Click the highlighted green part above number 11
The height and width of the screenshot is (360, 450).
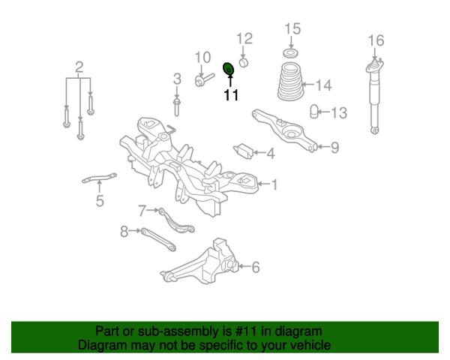(229, 68)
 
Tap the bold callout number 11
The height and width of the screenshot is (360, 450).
(231, 95)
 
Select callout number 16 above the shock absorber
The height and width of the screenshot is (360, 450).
(376, 40)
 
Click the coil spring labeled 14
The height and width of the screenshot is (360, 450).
(290, 81)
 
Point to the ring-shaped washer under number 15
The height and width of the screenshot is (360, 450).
(291, 53)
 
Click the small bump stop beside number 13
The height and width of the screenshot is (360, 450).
(314, 112)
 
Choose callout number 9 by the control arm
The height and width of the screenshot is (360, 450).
(334, 147)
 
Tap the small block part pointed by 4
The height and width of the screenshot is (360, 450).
(243, 151)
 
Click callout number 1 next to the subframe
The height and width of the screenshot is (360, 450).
(274, 184)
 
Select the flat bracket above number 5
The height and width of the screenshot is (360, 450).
(99, 178)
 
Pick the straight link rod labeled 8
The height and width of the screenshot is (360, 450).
(158, 239)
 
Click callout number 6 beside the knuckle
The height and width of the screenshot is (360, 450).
(256, 267)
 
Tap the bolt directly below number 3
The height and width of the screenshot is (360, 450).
(177, 107)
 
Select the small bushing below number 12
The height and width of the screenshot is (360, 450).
(244, 62)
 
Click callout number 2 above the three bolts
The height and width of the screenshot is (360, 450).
(79, 67)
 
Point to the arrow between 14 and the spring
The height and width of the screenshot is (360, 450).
(308, 85)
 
